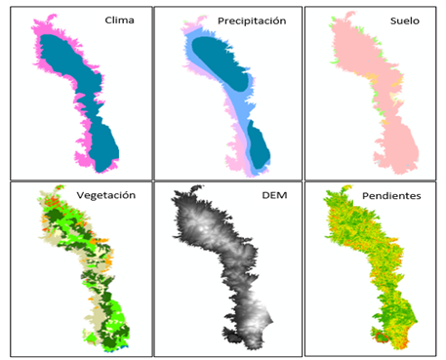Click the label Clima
120,20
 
